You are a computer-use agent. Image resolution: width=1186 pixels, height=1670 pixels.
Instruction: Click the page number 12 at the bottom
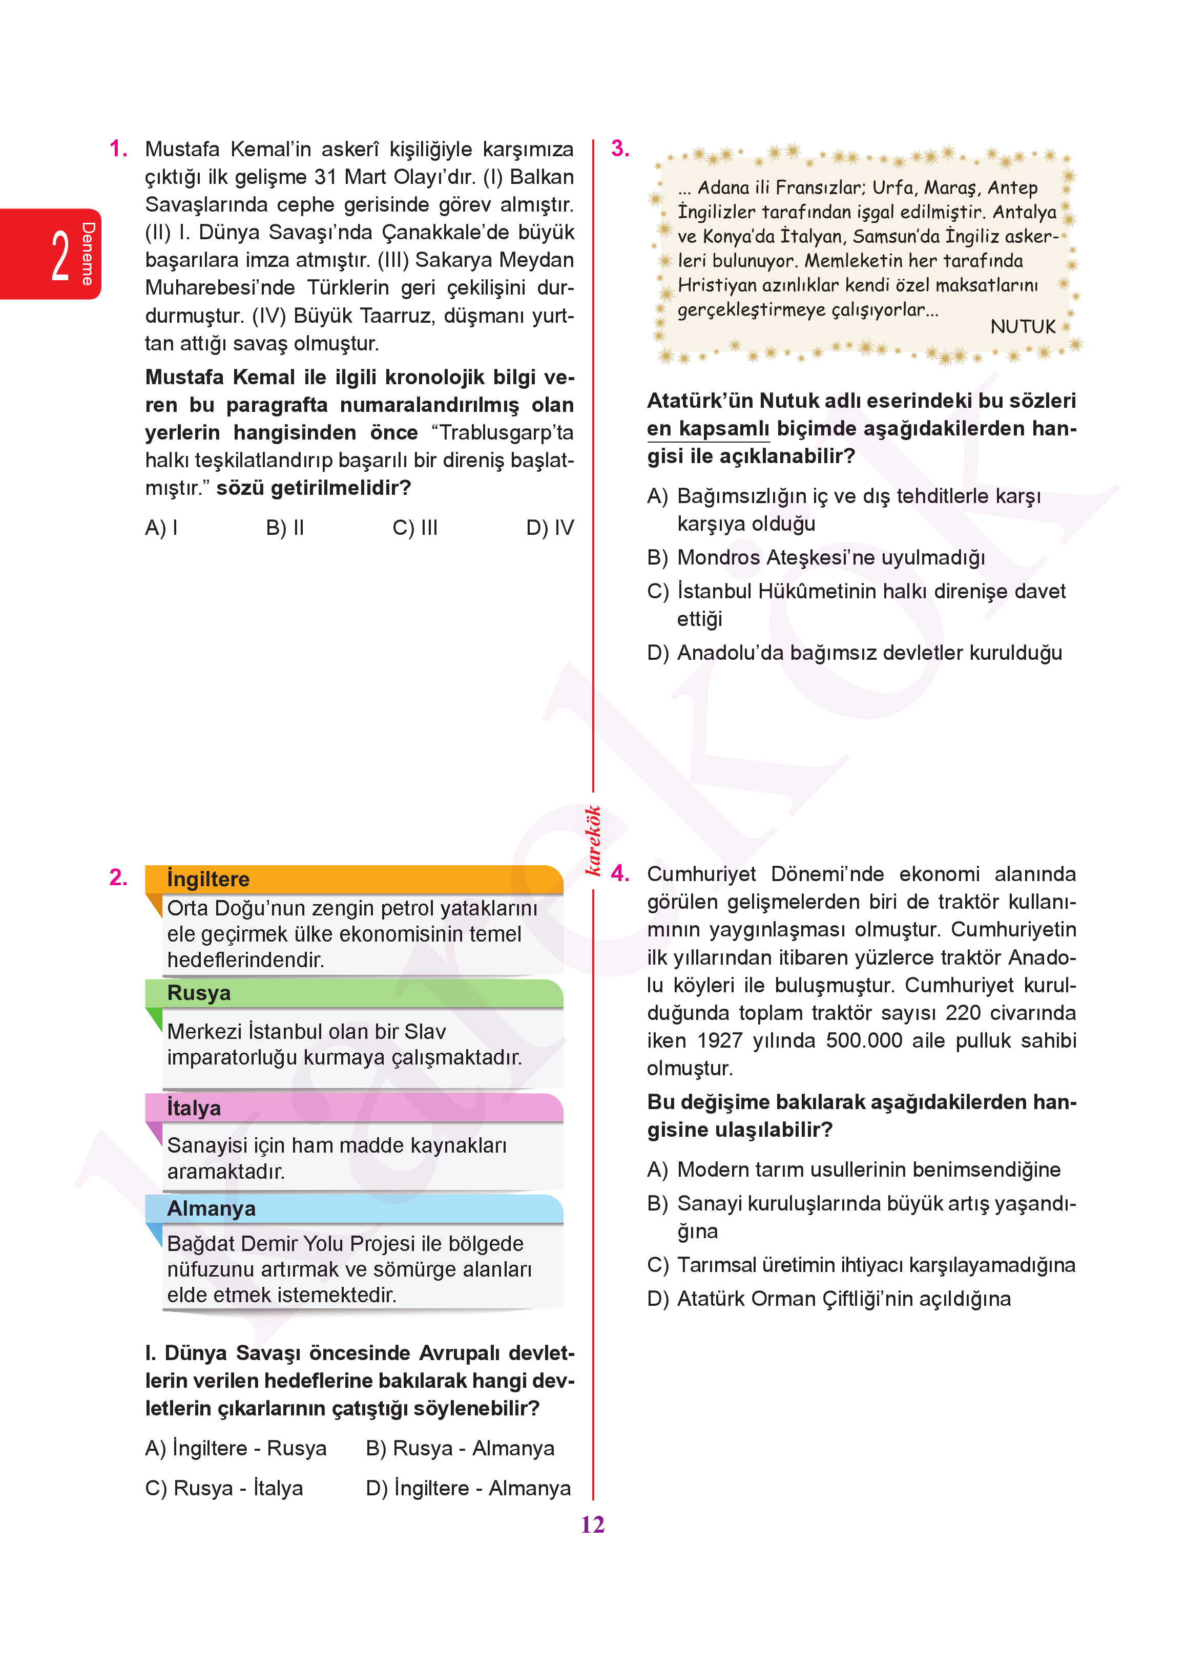592,1525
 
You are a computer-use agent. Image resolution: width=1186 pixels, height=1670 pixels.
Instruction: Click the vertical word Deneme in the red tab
88,254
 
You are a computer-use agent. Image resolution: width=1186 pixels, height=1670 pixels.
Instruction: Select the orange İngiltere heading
208,879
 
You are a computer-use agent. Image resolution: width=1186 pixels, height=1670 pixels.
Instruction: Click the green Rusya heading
199,993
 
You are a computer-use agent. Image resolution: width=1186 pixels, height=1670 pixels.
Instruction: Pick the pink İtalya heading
194,1108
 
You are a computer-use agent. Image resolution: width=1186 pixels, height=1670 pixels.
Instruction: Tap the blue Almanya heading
211,1208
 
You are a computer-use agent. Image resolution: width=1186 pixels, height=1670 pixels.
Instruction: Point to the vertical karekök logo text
593,840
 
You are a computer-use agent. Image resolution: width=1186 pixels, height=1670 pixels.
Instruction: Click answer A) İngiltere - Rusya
236,1448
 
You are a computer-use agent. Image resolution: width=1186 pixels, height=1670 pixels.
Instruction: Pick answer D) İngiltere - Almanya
468,1488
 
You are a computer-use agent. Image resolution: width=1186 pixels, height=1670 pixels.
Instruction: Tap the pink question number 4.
620,873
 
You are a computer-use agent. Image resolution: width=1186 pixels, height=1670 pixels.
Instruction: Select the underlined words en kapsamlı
708,429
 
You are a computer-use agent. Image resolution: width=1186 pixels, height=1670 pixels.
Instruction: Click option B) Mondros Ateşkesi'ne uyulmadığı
816,557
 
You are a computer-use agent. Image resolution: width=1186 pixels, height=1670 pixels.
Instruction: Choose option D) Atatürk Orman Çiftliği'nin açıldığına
829,1298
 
